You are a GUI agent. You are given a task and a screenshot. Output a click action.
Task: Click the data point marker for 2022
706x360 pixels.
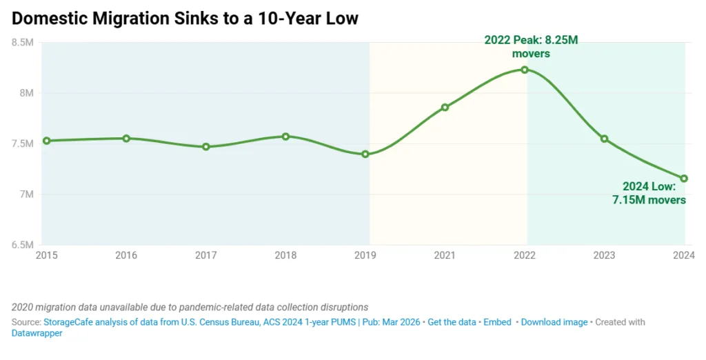(525, 70)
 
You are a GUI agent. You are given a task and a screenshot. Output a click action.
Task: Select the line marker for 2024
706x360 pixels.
(684, 179)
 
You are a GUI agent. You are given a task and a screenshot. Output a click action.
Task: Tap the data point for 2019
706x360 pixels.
(365, 154)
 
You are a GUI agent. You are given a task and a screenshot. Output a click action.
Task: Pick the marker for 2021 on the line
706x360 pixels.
(445, 108)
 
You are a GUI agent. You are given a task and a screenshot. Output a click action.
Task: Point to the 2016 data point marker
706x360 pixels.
(126, 139)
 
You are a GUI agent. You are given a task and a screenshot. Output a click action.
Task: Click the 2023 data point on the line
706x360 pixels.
(604, 139)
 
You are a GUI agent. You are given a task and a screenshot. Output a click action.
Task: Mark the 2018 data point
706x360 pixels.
(285, 137)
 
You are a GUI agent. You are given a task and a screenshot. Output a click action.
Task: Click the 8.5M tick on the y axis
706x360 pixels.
(22, 43)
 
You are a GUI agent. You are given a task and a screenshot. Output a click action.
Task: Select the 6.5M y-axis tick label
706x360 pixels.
(22, 245)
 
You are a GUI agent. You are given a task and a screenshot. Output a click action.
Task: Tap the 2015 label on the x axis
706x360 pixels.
(46, 256)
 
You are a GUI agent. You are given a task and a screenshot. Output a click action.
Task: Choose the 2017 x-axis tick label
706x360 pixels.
(205, 256)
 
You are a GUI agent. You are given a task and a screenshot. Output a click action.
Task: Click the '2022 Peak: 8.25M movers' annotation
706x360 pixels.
(530, 47)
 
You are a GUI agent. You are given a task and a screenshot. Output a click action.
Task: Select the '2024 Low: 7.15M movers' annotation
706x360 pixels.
(649, 193)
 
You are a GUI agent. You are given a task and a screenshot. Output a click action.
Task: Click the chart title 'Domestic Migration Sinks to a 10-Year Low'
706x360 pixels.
(185, 19)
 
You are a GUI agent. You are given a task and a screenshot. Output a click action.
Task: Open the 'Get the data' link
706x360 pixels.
(452, 322)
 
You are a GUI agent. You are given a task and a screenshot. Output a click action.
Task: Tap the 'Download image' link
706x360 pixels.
(554, 322)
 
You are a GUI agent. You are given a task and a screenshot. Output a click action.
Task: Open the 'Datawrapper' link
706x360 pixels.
(37, 333)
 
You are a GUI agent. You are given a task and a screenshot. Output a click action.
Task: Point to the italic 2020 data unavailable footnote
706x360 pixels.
(190, 307)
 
